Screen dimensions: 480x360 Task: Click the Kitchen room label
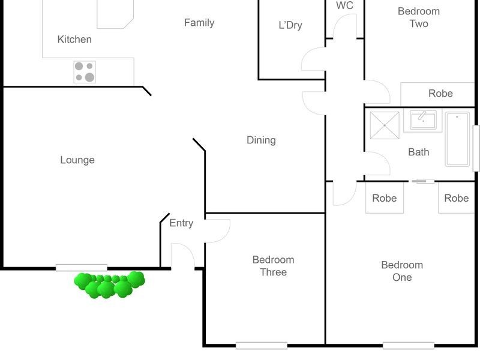pos(74,40)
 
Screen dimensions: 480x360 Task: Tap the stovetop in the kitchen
pos(85,72)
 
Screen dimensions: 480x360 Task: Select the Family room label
pos(199,23)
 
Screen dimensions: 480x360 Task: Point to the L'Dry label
pos(290,25)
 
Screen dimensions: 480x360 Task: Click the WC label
pos(344,5)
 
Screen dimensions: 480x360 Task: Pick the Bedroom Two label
pos(419,17)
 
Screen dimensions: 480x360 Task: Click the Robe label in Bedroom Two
pos(440,94)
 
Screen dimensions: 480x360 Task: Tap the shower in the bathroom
pos(385,125)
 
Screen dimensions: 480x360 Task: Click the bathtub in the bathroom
pos(457,139)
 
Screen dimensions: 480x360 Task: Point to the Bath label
pos(418,152)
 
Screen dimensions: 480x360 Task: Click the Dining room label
pos(261,140)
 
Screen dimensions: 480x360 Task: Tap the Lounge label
pos(77,160)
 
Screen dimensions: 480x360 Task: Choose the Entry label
pos(181,223)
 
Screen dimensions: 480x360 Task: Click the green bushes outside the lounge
pos(109,284)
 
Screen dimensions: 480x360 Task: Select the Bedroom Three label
pos(274,266)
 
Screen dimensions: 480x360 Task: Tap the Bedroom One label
pos(402,271)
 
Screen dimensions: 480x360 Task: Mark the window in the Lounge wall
pos(82,268)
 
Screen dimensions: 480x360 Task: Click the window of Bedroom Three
pos(262,346)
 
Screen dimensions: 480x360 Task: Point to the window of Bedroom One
pos(409,346)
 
